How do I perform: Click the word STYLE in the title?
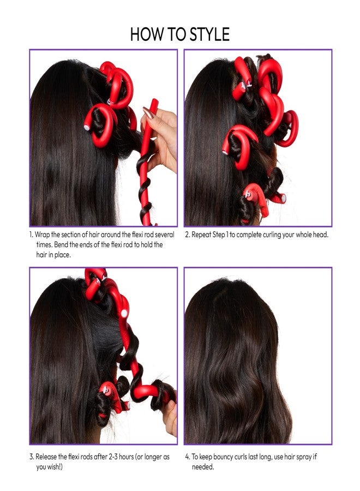pyautogui.click(x=203, y=34)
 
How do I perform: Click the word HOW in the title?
pyautogui.click(x=145, y=34)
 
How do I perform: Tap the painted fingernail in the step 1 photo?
pyautogui.click(x=148, y=112)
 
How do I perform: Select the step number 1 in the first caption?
pyautogui.click(x=31, y=235)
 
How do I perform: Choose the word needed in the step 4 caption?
pyautogui.click(x=203, y=467)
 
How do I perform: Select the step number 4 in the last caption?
pyautogui.click(x=187, y=456)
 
